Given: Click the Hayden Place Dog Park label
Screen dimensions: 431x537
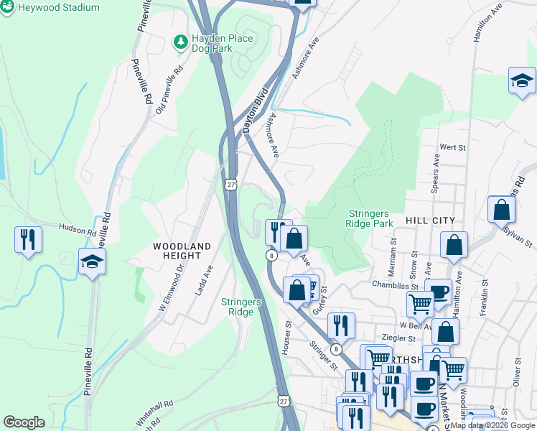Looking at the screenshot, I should coord(213,43).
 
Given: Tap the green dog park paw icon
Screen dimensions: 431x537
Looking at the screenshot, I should coord(179,42).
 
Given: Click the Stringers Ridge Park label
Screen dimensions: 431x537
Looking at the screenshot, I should coord(370,218).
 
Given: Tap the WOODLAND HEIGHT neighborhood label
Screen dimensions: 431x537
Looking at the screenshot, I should coord(182,251).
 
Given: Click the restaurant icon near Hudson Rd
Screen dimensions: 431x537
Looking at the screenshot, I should coord(28,239).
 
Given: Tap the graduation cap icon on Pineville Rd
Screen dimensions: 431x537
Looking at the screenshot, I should coord(92,261).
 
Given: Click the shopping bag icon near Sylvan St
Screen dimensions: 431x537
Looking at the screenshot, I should coord(501,210).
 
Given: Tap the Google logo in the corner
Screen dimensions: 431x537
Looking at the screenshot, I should coord(24,422).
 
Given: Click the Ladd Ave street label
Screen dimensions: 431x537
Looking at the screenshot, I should coord(203,281).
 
